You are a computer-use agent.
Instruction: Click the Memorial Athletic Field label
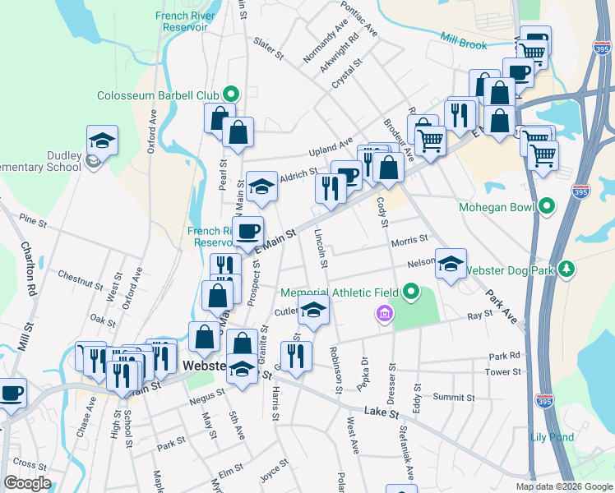click(340, 293)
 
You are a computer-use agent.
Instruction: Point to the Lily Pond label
click(552, 437)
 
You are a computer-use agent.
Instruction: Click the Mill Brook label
click(464, 40)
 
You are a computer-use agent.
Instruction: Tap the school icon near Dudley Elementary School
click(102, 142)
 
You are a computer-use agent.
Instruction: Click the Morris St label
click(409, 240)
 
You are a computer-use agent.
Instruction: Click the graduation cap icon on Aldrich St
click(261, 187)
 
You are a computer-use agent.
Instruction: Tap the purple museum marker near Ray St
click(383, 312)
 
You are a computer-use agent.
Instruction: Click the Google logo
click(27, 483)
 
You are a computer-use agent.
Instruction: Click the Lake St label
click(381, 411)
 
